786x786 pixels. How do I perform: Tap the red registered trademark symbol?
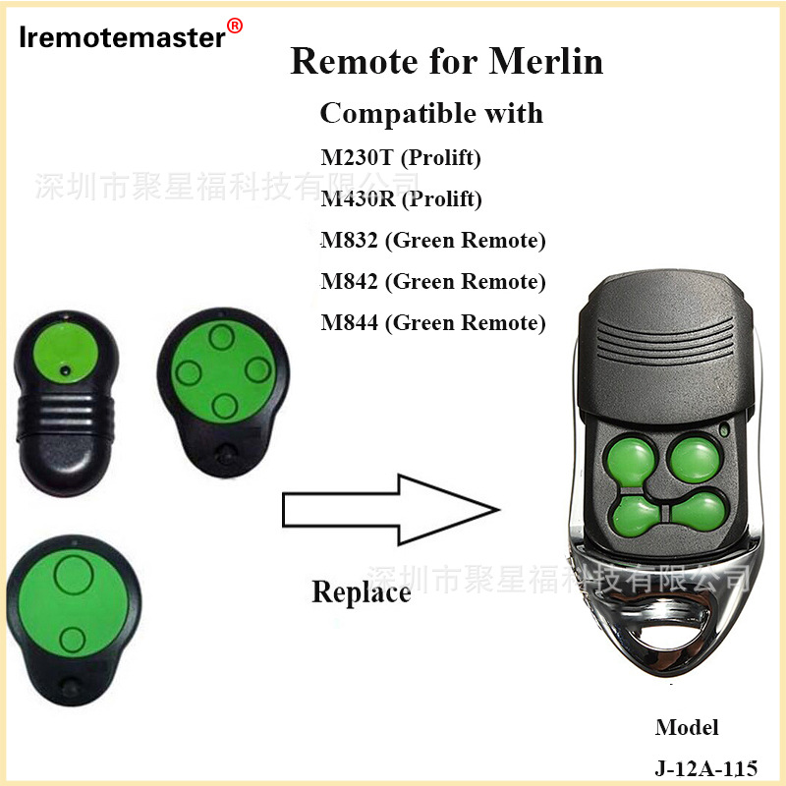235,25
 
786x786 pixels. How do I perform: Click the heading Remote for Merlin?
447,61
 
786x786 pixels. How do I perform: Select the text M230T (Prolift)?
401,157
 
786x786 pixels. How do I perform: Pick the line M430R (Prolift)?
401,199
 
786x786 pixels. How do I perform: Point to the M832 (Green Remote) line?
432,241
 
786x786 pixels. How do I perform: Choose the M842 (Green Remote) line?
432,282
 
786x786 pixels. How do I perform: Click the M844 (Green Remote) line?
432,323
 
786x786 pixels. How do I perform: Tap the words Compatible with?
431,113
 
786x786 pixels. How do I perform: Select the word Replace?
361,592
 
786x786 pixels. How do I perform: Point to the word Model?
687,728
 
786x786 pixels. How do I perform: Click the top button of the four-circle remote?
221,339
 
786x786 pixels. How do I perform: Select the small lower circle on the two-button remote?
71,641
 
